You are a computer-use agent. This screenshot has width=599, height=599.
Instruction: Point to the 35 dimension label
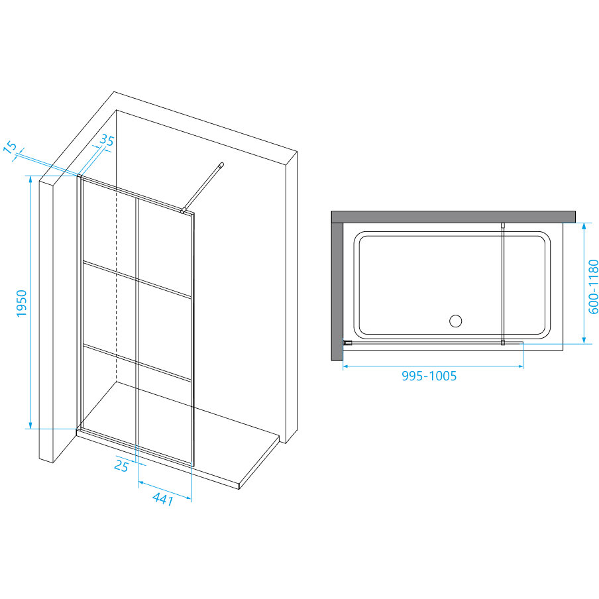[x=106, y=141]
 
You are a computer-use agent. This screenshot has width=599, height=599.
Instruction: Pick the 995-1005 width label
[x=429, y=376]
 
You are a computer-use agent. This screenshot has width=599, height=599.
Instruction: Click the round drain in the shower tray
[x=455, y=322]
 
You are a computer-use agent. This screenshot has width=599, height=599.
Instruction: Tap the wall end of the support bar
[x=223, y=164]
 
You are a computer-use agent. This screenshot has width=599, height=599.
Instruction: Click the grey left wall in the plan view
[x=336, y=285]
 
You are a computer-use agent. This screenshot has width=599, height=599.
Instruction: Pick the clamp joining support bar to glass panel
[x=186, y=211]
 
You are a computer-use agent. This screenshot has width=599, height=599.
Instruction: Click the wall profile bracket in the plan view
[x=347, y=343]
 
